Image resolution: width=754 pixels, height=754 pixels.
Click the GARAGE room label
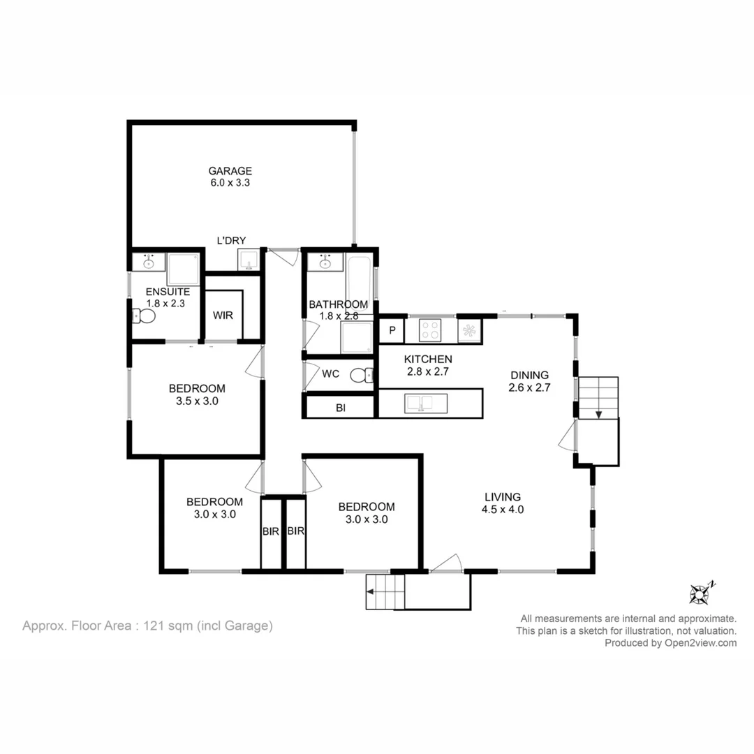230,171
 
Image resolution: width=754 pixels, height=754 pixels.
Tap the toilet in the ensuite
145,316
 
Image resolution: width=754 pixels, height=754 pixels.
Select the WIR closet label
223,316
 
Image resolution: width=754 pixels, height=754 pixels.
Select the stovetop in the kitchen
429,330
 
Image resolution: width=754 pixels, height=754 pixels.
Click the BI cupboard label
341,408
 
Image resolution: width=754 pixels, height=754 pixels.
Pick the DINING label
529,375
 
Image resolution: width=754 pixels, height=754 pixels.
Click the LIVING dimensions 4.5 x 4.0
503,510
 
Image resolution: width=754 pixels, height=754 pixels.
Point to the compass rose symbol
700,594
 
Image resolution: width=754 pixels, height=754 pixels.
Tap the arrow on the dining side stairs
598,414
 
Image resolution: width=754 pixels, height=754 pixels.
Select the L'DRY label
231,241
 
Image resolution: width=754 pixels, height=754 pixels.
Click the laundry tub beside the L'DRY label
249,261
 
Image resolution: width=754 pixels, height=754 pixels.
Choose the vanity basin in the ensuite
149,263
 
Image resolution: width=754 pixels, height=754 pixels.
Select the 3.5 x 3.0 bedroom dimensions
197,401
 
